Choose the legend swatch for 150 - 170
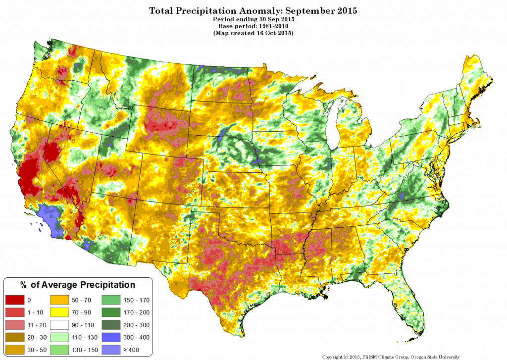click(x=110, y=300)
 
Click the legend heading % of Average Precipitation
click(x=77, y=285)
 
